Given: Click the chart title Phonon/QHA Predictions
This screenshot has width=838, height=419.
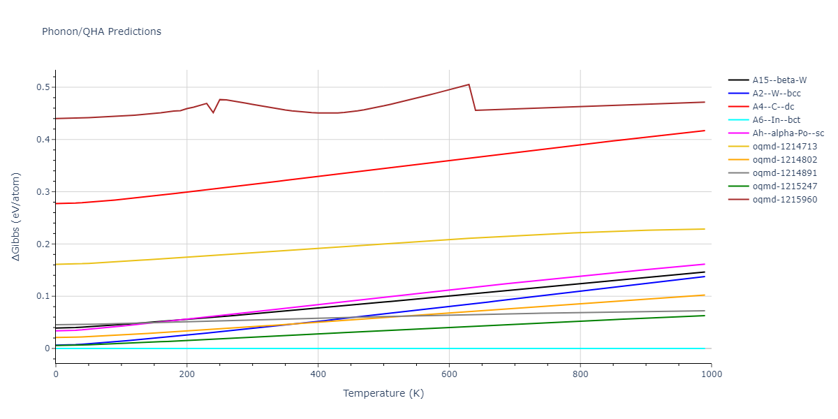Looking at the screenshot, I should [101, 31].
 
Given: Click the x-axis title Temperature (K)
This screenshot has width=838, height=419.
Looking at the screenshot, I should [383, 393].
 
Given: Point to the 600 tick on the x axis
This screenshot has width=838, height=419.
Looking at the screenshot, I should [449, 374].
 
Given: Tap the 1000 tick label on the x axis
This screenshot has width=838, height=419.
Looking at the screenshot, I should [711, 374].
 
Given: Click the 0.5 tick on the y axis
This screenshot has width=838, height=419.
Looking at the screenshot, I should [43, 87].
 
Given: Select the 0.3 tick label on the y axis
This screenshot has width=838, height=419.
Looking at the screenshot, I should [43, 192].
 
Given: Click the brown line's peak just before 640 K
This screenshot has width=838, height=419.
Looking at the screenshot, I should [469, 84].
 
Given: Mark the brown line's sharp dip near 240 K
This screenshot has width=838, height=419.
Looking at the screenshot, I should [213, 112].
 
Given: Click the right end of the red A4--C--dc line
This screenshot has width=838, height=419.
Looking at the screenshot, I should [705, 131].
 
